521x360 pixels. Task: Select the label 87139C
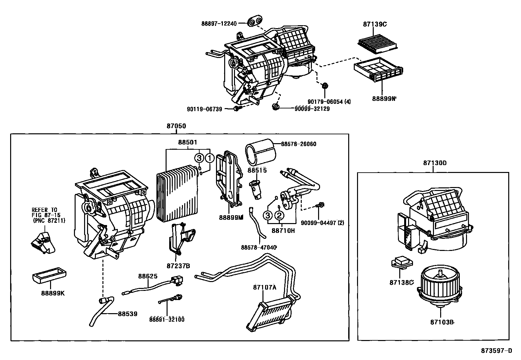[375, 24]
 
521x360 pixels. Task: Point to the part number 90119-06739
[209, 109]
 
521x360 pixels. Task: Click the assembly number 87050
[176, 126]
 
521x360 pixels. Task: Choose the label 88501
[188, 142]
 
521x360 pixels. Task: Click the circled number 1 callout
[209, 158]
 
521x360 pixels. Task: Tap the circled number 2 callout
[279, 215]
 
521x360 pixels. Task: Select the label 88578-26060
[298, 144]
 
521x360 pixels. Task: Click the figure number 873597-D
[496, 351]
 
